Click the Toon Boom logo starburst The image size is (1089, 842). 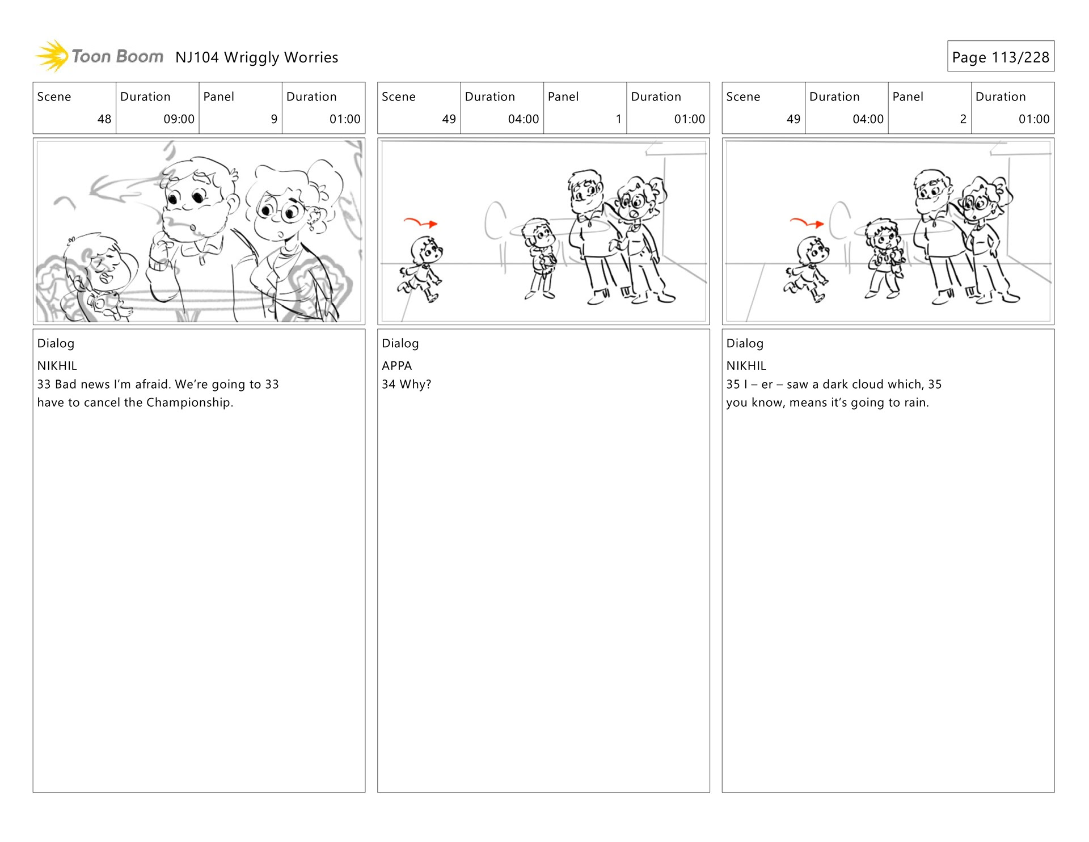click(x=52, y=56)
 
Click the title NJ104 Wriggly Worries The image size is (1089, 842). click(x=256, y=57)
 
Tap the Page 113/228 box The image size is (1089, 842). click(x=1001, y=56)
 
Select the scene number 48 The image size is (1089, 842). click(x=104, y=119)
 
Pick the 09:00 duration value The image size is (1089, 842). click(x=179, y=119)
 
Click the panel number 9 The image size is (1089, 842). click(x=274, y=119)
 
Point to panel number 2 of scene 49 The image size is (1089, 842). click(x=963, y=119)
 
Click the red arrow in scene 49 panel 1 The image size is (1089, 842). click(x=420, y=222)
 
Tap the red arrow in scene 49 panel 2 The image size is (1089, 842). click(x=807, y=222)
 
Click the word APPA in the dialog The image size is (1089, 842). click(x=397, y=366)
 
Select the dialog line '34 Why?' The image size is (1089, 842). click(x=406, y=384)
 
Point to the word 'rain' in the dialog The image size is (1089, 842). click(x=915, y=403)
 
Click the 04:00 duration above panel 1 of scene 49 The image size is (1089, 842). click(x=524, y=119)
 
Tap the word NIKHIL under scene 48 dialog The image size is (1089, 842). click(x=57, y=366)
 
